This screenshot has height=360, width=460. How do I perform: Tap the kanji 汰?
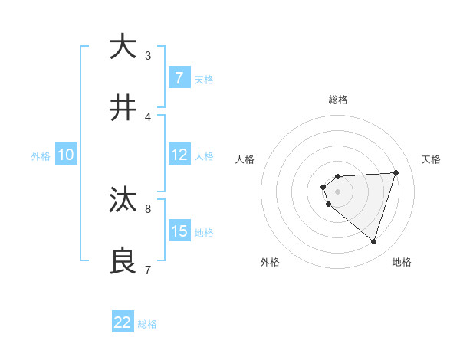[123, 200]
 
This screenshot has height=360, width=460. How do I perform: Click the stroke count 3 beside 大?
[148, 56]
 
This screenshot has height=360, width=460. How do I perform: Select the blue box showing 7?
[179, 78]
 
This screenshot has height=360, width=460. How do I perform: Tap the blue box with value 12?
[179, 155]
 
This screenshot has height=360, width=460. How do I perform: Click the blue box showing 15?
[179, 231]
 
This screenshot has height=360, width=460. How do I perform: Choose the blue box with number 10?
[66, 155]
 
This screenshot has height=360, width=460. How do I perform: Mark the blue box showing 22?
[123, 322]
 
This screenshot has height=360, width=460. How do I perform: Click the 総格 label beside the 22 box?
[147, 324]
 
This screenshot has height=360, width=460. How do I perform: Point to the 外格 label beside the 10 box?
[41, 156]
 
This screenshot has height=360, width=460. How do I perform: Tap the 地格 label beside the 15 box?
[204, 233]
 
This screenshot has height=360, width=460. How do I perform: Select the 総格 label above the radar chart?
[338, 100]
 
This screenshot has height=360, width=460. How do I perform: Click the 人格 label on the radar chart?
[245, 159]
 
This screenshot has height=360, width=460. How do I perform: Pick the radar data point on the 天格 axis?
[396, 172]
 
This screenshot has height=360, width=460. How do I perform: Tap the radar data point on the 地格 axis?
[373, 241]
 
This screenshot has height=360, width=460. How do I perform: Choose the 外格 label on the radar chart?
[270, 262]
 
